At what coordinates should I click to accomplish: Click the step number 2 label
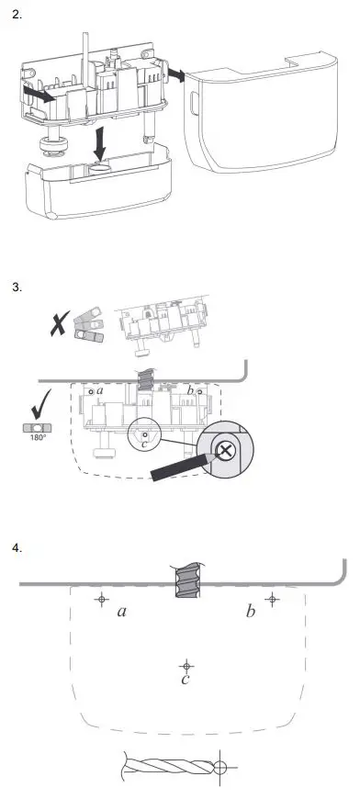(x=16, y=17)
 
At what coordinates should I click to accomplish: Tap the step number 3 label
(x=16, y=287)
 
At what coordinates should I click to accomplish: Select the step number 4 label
(x=16, y=548)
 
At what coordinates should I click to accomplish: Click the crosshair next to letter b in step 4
(x=271, y=599)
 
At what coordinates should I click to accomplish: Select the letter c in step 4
(x=185, y=680)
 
